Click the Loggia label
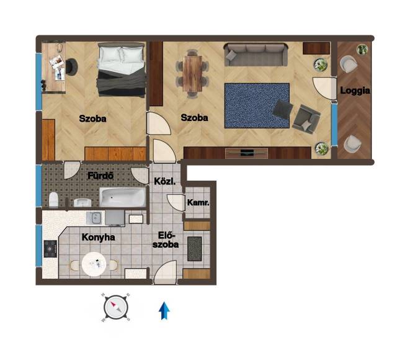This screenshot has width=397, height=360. coord(355,91)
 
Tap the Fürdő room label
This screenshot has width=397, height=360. coord(100,176)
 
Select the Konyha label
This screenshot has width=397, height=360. coord(98,237)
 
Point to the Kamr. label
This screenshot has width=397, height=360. coord(198,202)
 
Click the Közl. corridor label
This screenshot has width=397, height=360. coord(165,181)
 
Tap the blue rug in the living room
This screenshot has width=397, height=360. coord(257,106)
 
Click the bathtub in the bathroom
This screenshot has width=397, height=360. coord(123,197)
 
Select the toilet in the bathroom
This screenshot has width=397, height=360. coord(53,200)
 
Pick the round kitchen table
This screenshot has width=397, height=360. coord(94,264)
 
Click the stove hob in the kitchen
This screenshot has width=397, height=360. coord(50,249)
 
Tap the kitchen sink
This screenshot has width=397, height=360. coord(95,218)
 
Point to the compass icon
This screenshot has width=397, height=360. coord(116,307)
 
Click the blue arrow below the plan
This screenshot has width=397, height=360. coord(164,311)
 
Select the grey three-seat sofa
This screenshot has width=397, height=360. coord(256,55)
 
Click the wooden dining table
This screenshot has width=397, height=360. coord(193,73)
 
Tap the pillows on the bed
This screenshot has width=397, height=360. coord(121,54)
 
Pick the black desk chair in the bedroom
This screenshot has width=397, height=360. coord(71,67)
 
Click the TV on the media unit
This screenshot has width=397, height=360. coord(247,153)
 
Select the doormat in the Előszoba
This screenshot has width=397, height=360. coord(194,249)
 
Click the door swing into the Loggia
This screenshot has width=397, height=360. coord(323,88)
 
